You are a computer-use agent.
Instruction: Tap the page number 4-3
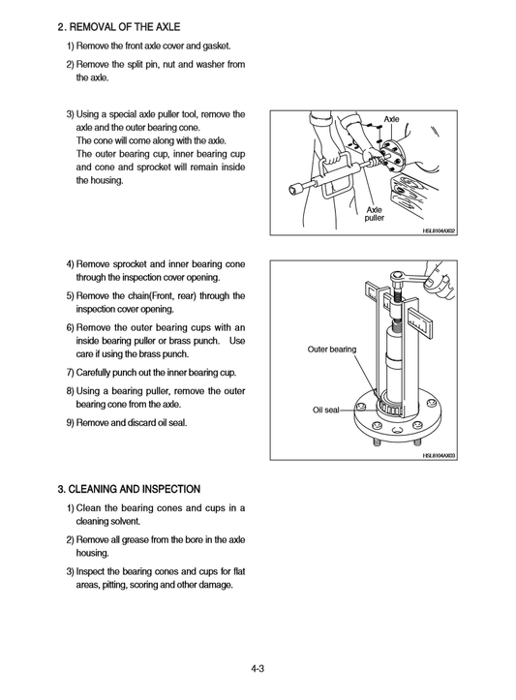pyautogui.click(x=258, y=667)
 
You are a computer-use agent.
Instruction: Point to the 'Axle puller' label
pyautogui.click(x=374, y=214)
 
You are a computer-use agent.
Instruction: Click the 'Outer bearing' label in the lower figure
pyautogui.click(x=332, y=349)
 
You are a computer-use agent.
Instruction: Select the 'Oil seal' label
pyautogui.click(x=325, y=411)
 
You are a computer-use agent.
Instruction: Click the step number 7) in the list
pyautogui.click(x=71, y=373)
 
